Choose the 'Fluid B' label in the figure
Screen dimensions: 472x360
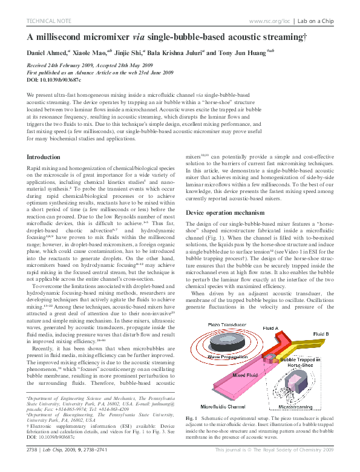[321, 334]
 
